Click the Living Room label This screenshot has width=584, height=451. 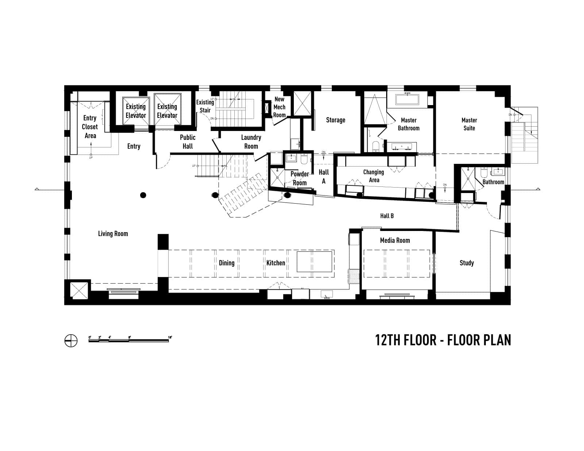pyautogui.click(x=113, y=234)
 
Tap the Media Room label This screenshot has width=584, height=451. pyautogui.click(x=395, y=240)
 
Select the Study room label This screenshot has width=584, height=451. pyautogui.click(x=466, y=263)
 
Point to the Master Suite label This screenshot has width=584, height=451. pyautogui.click(x=469, y=124)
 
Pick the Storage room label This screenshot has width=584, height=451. pyautogui.click(x=335, y=120)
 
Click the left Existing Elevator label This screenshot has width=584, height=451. pyautogui.click(x=136, y=111)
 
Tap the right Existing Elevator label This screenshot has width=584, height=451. pyautogui.click(x=167, y=111)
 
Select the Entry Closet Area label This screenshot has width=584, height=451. pyautogui.click(x=90, y=127)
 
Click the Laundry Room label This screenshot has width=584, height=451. pyautogui.click(x=251, y=142)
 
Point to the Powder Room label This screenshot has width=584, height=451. pyautogui.click(x=300, y=178)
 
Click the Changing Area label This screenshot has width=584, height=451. pyautogui.click(x=373, y=176)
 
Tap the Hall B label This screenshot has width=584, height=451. pyautogui.click(x=387, y=216)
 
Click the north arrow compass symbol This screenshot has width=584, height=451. pyautogui.click(x=71, y=341)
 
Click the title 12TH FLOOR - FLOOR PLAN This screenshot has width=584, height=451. pyautogui.click(x=443, y=340)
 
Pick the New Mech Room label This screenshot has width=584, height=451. pyautogui.click(x=279, y=107)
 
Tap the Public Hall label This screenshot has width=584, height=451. pyautogui.click(x=188, y=142)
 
